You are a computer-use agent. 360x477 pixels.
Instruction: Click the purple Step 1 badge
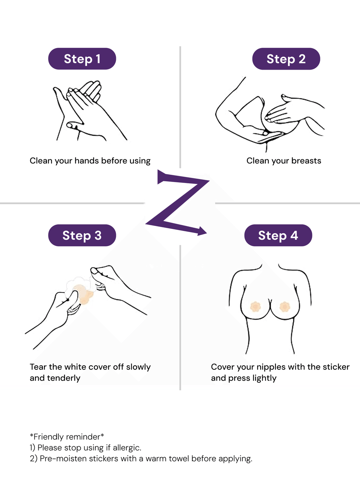(x=82, y=59)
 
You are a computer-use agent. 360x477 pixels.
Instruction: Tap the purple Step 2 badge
(x=286, y=59)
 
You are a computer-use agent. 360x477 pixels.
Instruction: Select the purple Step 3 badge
(x=82, y=235)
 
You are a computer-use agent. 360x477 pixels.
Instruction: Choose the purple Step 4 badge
(x=278, y=235)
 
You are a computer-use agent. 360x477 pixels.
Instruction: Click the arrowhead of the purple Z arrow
(x=202, y=231)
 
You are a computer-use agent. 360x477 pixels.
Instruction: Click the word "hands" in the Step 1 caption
(x=87, y=161)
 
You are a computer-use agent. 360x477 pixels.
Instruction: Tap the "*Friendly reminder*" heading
(x=67, y=437)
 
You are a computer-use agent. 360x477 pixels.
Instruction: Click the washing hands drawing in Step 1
(x=90, y=111)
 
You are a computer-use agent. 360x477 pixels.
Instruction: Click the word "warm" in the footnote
(x=156, y=459)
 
